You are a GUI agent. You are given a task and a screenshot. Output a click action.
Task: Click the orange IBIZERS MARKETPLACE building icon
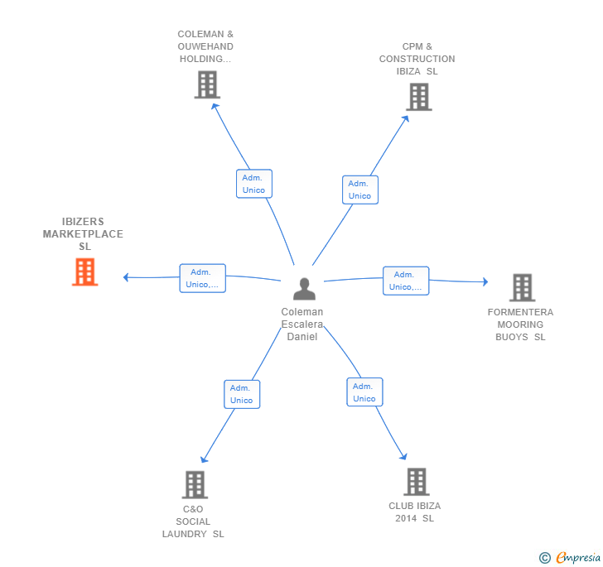pyautogui.click(x=85, y=271)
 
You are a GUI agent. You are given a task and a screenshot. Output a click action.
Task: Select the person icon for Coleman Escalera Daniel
pyautogui.click(x=304, y=289)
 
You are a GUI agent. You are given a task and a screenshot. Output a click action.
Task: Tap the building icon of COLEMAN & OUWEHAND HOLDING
pyautogui.click(x=207, y=84)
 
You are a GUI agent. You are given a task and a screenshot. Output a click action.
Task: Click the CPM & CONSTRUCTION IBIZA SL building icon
pyautogui.click(x=419, y=97)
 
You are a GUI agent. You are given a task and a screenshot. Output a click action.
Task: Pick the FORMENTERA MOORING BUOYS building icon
pyautogui.click(x=522, y=287)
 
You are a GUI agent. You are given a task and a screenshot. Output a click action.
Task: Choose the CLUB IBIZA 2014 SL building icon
pyautogui.click(x=417, y=482)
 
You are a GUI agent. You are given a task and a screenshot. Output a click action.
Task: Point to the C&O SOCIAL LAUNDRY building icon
pyautogui.click(x=195, y=485)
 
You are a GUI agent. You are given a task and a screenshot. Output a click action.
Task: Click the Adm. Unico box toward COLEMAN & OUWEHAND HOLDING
pyautogui.click(x=254, y=184)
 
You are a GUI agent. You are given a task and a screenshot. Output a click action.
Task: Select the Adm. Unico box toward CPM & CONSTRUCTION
pyautogui.click(x=360, y=190)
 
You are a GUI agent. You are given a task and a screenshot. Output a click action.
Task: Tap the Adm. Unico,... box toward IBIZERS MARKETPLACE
pyautogui.click(x=203, y=278)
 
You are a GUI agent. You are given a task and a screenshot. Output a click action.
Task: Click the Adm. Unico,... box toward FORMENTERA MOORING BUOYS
pyautogui.click(x=406, y=281)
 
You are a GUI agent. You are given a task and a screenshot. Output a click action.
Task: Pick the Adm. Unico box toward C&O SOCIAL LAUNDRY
pyautogui.click(x=242, y=394)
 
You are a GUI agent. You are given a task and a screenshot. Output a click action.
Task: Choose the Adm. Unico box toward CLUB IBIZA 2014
pyautogui.click(x=364, y=392)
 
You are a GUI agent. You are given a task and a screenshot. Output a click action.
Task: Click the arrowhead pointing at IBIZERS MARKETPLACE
pyautogui.click(x=125, y=277)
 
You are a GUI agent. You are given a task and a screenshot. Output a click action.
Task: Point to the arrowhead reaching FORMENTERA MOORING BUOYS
pyautogui.click(x=485, y=281)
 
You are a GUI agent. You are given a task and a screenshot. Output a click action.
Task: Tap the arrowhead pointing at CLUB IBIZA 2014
pyautogui.click(x=403, y=457)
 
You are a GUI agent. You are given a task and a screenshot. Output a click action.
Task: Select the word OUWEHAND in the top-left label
pyautogui.click(x=205, y=46)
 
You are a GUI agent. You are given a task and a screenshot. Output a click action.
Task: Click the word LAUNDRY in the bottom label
pyautogui.click(x=184, y=534)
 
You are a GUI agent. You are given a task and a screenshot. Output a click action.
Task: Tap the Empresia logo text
pyautogui.click(x=578, y=557)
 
